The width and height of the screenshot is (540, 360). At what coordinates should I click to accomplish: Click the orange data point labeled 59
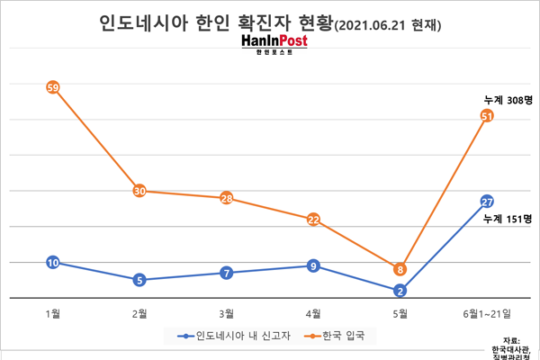click(x=52, y=87)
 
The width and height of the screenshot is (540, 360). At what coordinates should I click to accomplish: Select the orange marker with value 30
click(x=139, y=191)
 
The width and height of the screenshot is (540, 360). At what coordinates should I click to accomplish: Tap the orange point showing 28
click(x=227, y=198)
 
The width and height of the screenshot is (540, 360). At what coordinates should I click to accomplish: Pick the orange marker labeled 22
click(x=313, y=219)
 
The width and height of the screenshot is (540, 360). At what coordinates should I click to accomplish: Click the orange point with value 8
click(x=400, y=268)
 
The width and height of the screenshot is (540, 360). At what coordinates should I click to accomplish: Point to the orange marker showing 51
click(x=487, y=116)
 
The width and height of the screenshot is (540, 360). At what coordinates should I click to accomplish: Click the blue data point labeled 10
click(x=52, y=262)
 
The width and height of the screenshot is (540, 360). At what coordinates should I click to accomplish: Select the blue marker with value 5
click(x=139, y=280)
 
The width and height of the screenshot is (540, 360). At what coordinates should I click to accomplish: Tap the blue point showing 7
click(x=227, y=273)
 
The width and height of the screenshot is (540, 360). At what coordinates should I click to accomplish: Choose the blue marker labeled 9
click(x=313, y=265)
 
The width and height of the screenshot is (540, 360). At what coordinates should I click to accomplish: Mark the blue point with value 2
click(x=400, y=290)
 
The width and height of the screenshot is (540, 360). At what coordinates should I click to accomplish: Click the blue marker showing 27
click(x=487, y=201)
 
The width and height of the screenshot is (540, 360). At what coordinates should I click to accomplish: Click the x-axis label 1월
click(x=52, y=313)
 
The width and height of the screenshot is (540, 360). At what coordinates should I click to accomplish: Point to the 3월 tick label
click(x=227, y=313)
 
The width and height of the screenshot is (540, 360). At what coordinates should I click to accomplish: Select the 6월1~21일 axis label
click(x=487, y=313)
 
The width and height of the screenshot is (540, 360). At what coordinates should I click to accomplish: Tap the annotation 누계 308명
click(x=508, y=100)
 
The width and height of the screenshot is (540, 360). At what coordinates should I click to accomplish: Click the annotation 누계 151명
click(x=508, y=218)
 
